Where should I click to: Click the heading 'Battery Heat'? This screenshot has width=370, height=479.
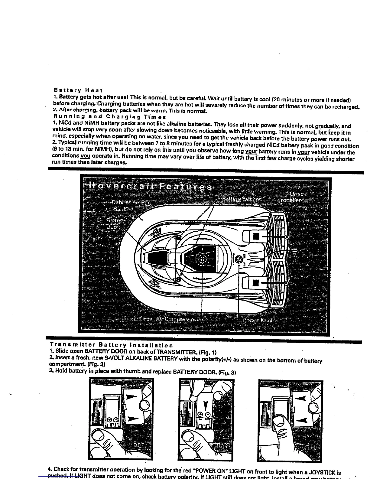78,90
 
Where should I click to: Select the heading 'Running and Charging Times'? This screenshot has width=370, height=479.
109,116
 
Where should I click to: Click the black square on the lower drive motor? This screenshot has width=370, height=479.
256,283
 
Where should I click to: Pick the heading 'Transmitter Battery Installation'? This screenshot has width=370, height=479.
112,345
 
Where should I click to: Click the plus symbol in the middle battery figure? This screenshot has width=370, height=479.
200,415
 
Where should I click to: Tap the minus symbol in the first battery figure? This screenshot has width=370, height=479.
117,420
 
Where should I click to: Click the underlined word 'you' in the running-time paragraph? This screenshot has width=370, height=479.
85,156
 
